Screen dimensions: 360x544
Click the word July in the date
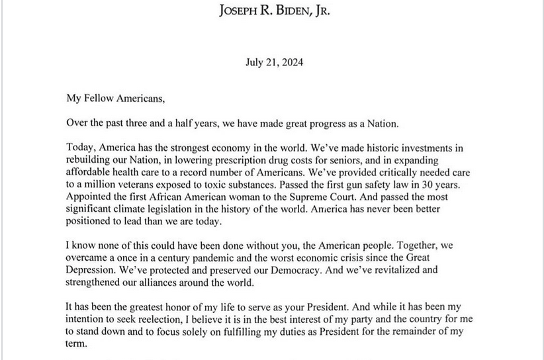pyautogui.click(x=254, y=64)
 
